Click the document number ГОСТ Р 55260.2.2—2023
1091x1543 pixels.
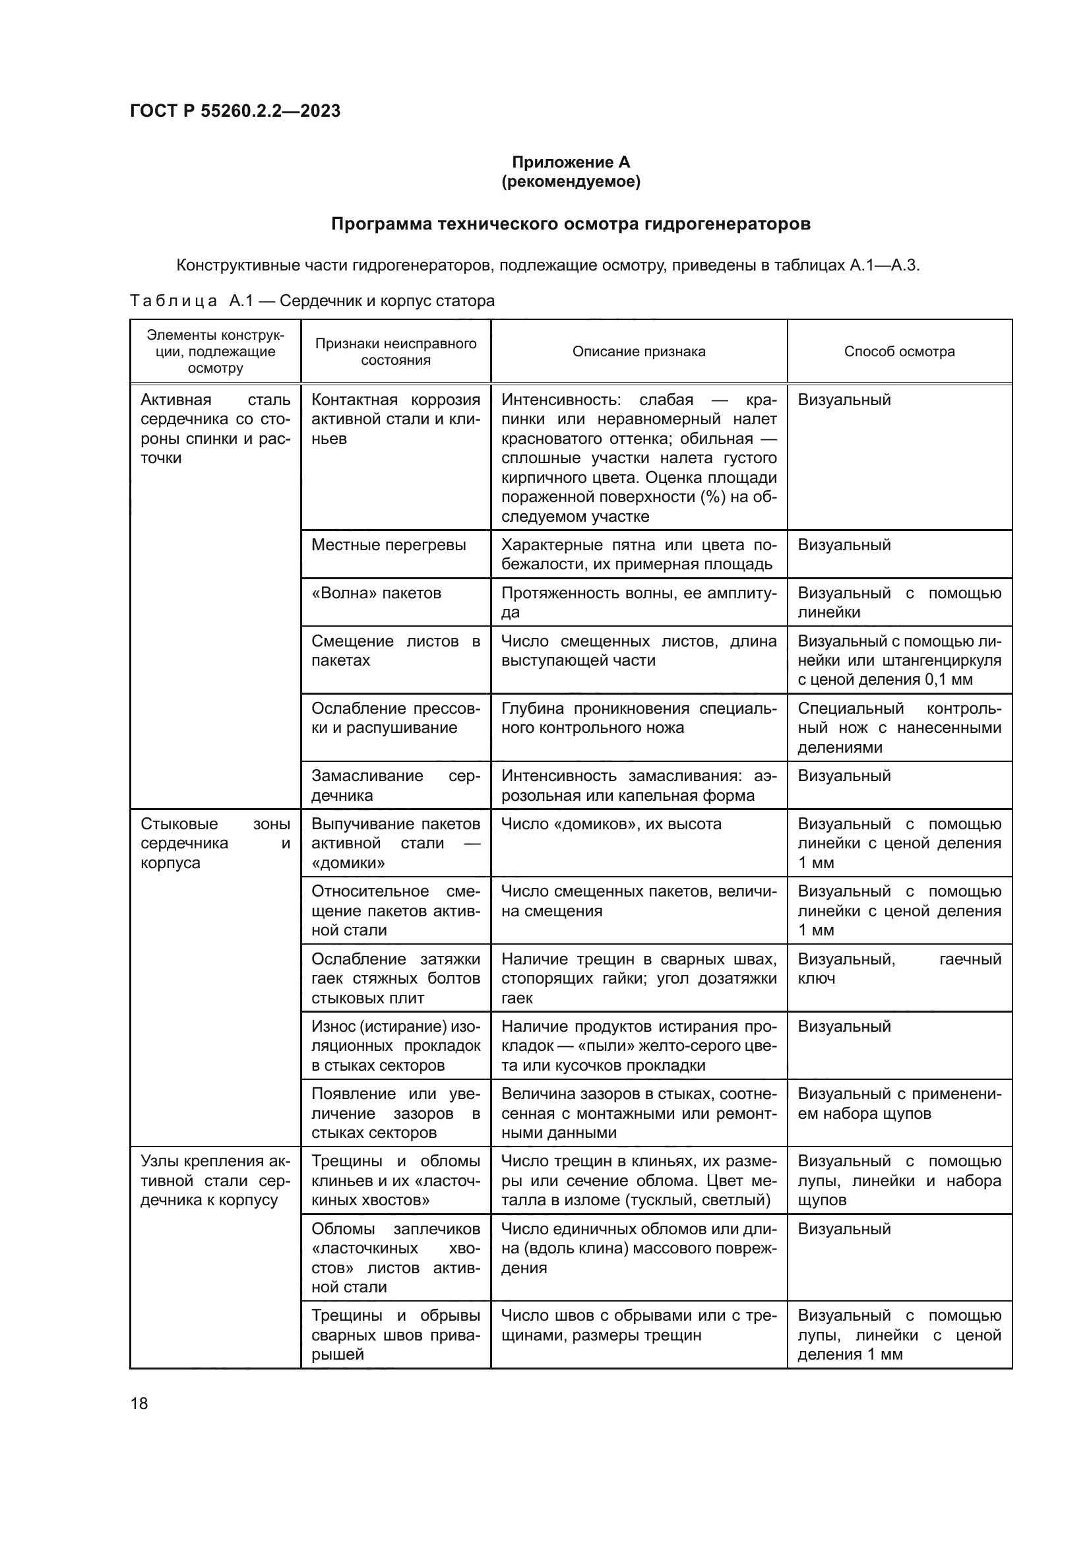[235, 111]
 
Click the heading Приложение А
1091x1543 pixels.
[571, 162]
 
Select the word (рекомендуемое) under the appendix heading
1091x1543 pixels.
[571, 181]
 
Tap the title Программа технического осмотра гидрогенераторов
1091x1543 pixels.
[571, 224]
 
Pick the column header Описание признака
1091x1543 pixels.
[639, 352]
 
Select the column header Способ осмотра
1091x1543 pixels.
[899, 352]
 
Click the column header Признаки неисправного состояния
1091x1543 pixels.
[396, 352]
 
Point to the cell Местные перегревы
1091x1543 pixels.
[389, 544]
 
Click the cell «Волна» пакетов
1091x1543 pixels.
[376, 593]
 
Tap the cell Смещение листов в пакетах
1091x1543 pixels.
[396, 650]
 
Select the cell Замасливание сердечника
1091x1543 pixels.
[396, 786]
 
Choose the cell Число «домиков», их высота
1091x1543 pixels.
[611, 824]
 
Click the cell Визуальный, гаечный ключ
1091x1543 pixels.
[899, 968]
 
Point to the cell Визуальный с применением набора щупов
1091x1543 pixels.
[899, 1104]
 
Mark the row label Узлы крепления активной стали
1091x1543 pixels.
[215, 1181]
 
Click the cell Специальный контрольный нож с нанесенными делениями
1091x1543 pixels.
[899, 728]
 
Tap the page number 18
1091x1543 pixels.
[139, 1403]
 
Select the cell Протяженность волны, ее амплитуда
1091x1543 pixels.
[639, 602]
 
